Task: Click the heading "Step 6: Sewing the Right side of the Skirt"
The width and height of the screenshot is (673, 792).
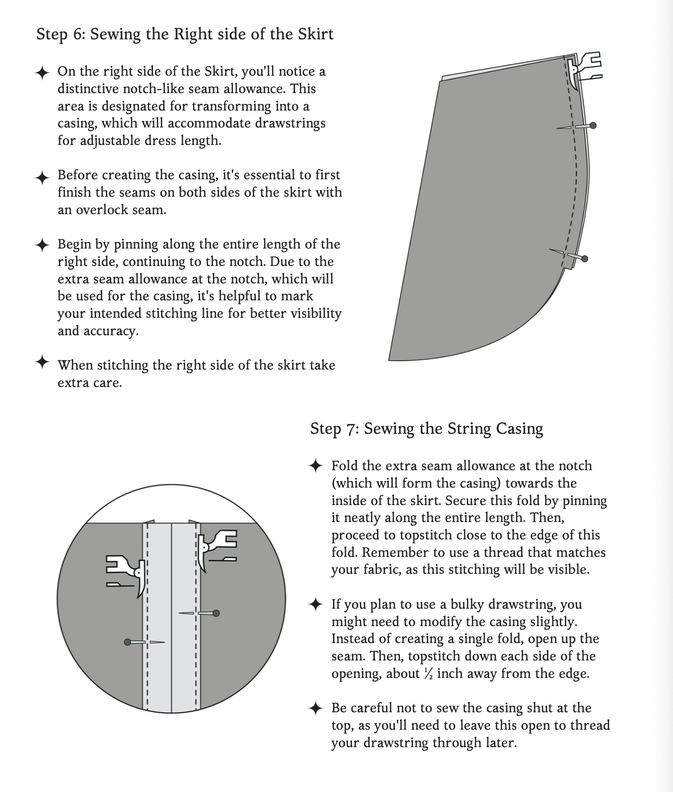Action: click(x=185, y=34)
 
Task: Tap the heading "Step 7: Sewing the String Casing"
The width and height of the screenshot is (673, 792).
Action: click(x=426, y=428)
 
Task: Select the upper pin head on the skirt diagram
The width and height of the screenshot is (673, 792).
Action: click(x=593, y=126)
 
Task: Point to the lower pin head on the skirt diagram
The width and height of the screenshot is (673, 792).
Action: click(x=585, y=259)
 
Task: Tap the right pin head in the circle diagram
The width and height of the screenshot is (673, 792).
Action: click(x=216, y=613)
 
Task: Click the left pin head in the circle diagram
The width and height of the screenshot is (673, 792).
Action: click(x=128, y=642)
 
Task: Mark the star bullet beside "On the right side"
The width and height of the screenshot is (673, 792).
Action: click(x=42, y=73)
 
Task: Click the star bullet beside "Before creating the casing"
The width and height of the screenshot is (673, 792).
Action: click(x=42, y=177)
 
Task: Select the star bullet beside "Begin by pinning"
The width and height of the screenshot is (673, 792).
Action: click(x=42, y=246)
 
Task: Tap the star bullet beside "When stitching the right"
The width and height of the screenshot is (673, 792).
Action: click(x=42, y=362)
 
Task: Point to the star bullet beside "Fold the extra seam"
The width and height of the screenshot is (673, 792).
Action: click(x=316, y=466)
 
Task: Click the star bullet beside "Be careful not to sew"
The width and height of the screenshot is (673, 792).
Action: click(x=316, y=708)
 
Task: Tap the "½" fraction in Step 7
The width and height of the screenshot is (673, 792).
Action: click(x=428, y=674)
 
